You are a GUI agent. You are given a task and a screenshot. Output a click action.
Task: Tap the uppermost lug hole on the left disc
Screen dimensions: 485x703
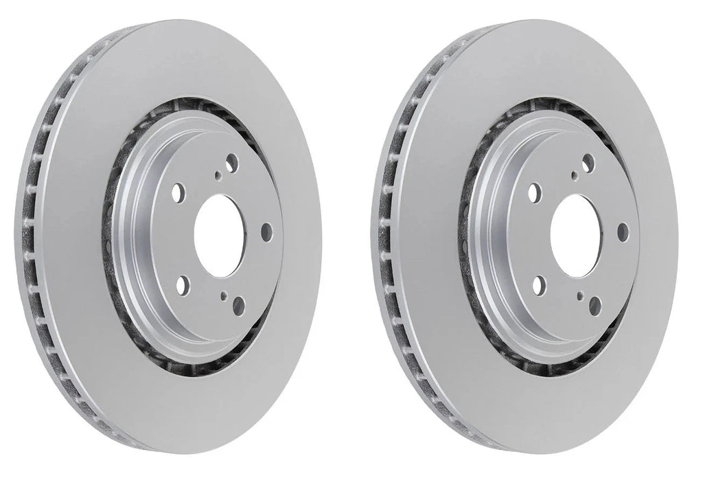coord(231,161)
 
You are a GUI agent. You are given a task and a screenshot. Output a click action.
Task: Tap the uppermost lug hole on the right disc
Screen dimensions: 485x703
coord(588,161)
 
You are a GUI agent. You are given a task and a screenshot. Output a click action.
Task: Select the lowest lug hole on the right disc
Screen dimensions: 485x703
coord(595,303)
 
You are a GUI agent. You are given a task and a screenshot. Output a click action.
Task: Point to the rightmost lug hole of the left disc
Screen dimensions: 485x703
coord(267,232)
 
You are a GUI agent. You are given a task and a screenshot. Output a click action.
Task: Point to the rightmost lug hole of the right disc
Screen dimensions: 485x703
coord(623,232)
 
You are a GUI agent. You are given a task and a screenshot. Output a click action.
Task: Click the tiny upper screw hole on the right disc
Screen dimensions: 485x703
coord(575,176)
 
